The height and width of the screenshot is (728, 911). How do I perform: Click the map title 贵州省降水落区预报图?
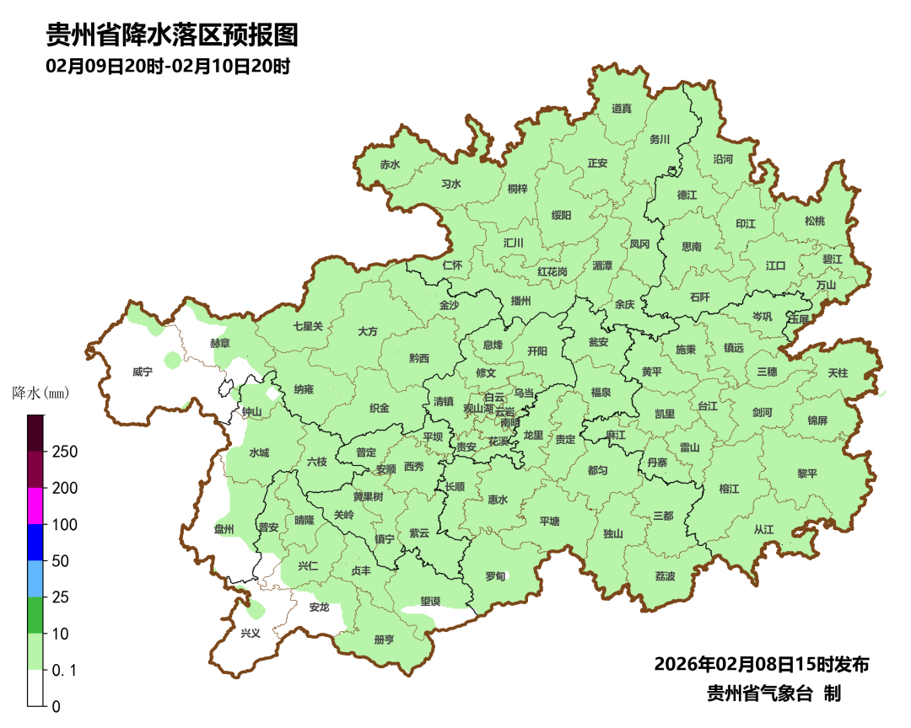[x=172, y=35]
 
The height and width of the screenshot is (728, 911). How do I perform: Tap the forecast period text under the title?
[x=168, y=67]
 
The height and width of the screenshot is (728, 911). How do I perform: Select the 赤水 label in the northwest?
[x=390, y=165]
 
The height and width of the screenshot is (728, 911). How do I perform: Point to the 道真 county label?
[x=622, y=109]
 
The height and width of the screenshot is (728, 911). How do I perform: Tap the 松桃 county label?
[x=814, y=221]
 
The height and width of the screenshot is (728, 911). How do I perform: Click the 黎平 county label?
[x=807, y=474]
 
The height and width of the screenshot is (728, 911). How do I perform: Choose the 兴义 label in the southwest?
[x=251, y=633]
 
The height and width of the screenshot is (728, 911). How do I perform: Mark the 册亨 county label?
[x=384, y=640]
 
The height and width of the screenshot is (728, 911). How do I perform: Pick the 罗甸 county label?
[x=495, y=576]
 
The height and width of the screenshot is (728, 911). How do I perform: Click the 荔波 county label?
[x=665, y=576]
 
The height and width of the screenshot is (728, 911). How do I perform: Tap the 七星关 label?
[x=308, y=326]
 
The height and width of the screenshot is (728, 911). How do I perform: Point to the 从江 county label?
[x=763, y=529]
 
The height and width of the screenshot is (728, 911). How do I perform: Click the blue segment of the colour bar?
[x=35, y=542]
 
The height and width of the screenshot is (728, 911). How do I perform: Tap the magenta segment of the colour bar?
[x=35, y=506]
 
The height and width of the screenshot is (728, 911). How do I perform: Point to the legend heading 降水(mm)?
[x=40, y=393]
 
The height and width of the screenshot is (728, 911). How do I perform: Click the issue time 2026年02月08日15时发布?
[x=761, y=665]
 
